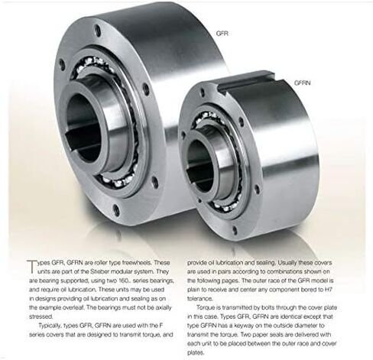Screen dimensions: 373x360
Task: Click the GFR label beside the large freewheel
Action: tap(222, 34)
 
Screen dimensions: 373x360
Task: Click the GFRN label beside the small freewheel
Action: tap(303, 83)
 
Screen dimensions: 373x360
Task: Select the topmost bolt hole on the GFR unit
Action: tap(97, 31)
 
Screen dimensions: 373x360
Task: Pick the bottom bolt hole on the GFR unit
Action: tap(116, 210)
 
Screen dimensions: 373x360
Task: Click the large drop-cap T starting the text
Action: tap(32, 267)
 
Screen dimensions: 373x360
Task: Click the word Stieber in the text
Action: tap(99, 271)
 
